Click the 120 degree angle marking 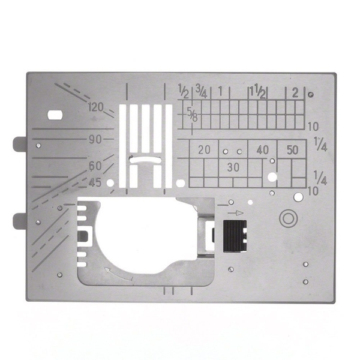[x=96, y=107]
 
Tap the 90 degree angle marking [x=95, y=139]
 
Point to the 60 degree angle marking [x=95, y=166]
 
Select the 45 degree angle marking [x=95, y=183]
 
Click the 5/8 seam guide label [x=192, y=115]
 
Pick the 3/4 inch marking [x=201, y=92]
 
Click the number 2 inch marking [x=295, y=94]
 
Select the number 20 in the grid [x=204, y=149]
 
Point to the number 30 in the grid [x=233, y=167]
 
